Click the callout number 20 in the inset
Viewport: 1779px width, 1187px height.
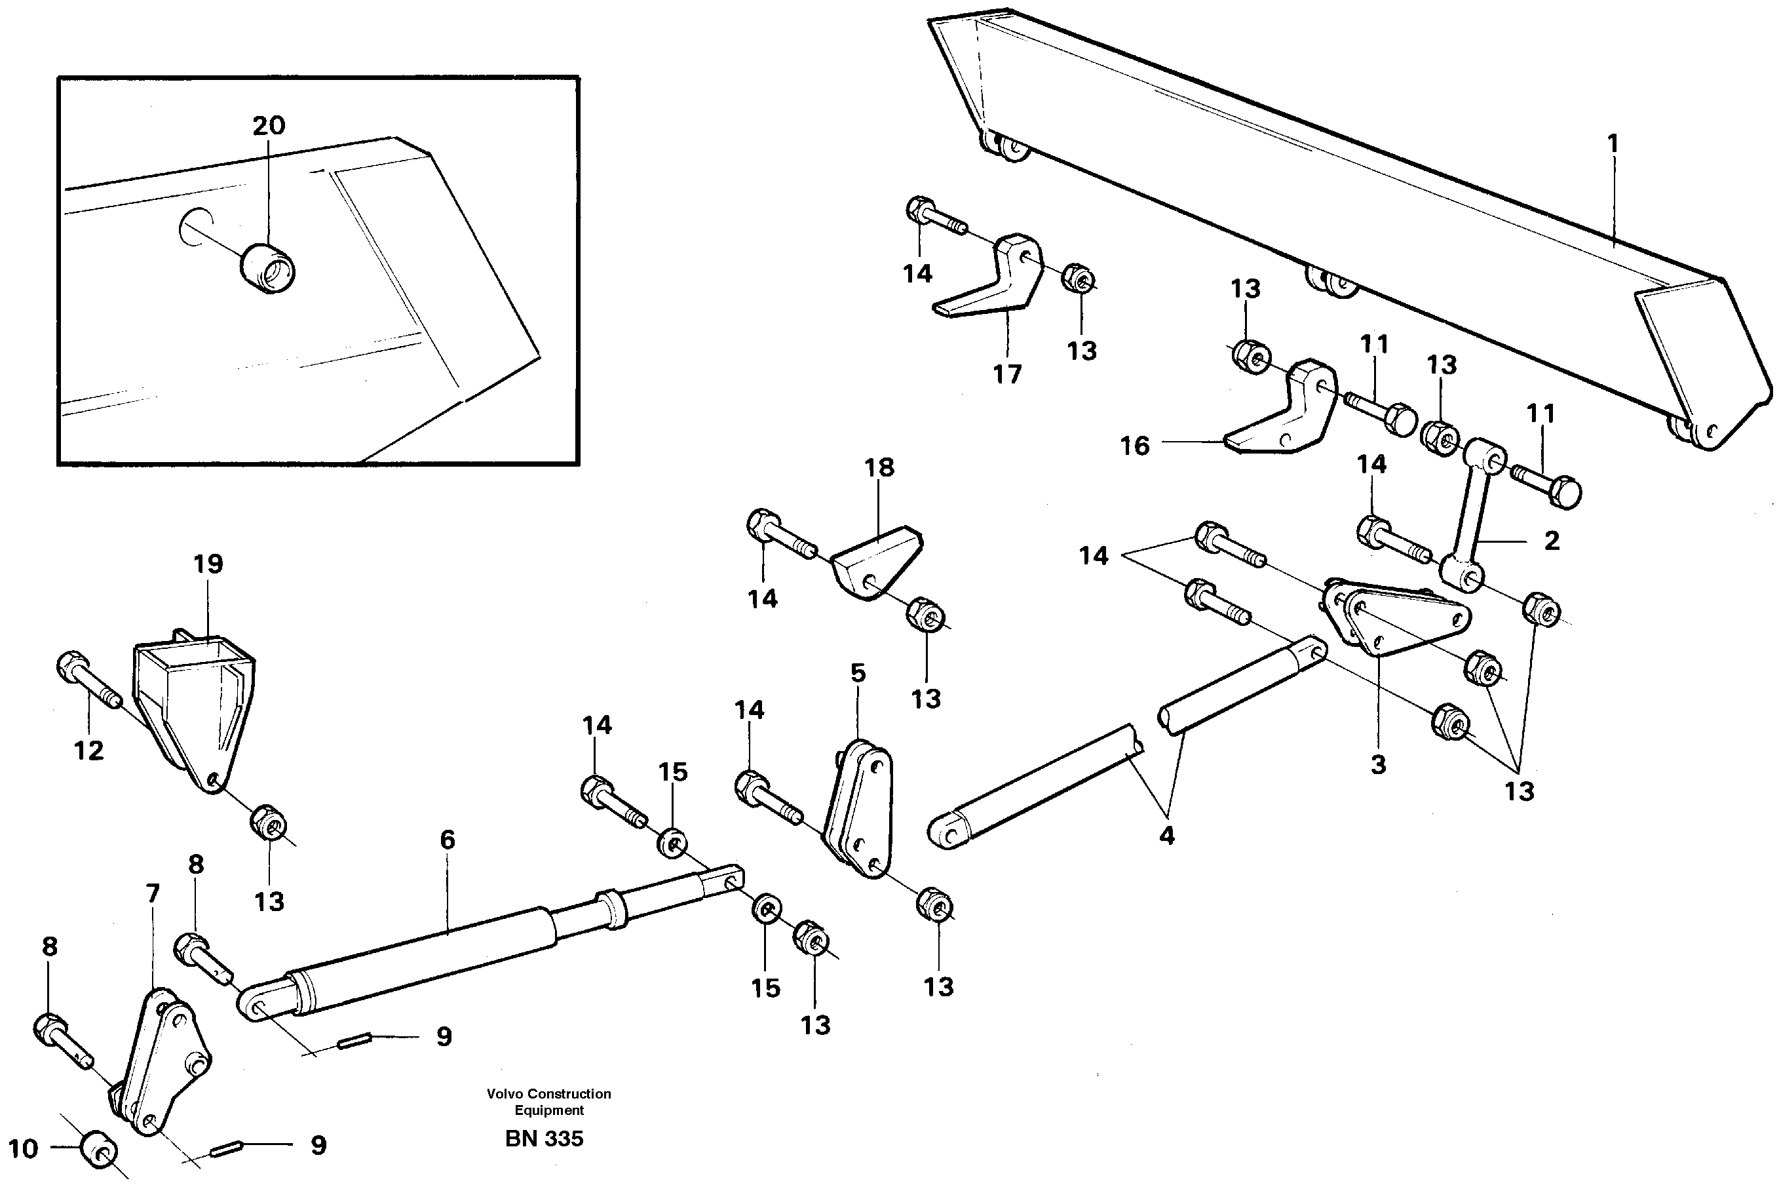pos(269,125)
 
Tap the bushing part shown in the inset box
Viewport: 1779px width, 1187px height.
pos(268,268)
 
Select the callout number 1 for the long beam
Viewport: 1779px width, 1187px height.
pos(1613,143)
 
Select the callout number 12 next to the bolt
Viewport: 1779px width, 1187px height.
pos(88,750)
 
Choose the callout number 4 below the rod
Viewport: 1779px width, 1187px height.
pos(1166,836)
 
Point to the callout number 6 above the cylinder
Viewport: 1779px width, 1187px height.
pos(448,840)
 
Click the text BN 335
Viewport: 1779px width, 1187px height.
pos(544,1139)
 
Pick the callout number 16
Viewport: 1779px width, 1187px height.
pos(1134,446)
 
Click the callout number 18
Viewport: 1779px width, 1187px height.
pos(879,467)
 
